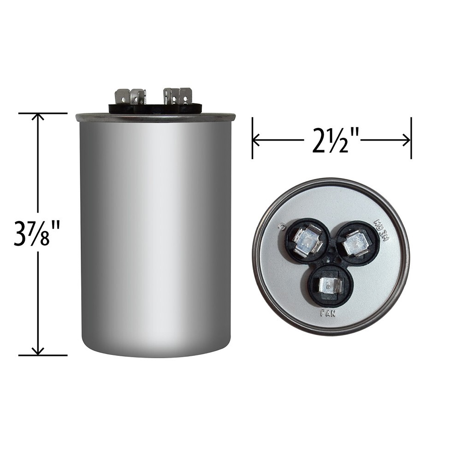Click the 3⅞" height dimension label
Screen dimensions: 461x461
(x=32, y=234)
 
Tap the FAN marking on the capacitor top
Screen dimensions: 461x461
(x=328, y=313)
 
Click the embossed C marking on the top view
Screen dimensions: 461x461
(x=279, y=226)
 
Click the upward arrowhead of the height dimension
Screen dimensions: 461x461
(x=37, y=116)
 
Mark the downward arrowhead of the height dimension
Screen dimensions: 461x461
(x=37, y=352)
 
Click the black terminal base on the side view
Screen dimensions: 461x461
(x=155, y=108)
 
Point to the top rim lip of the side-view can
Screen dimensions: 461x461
(x=155, y=117)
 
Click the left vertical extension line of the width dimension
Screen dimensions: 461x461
(x=252, y=138)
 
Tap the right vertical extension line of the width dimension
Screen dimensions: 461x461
(x=411, y=138)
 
